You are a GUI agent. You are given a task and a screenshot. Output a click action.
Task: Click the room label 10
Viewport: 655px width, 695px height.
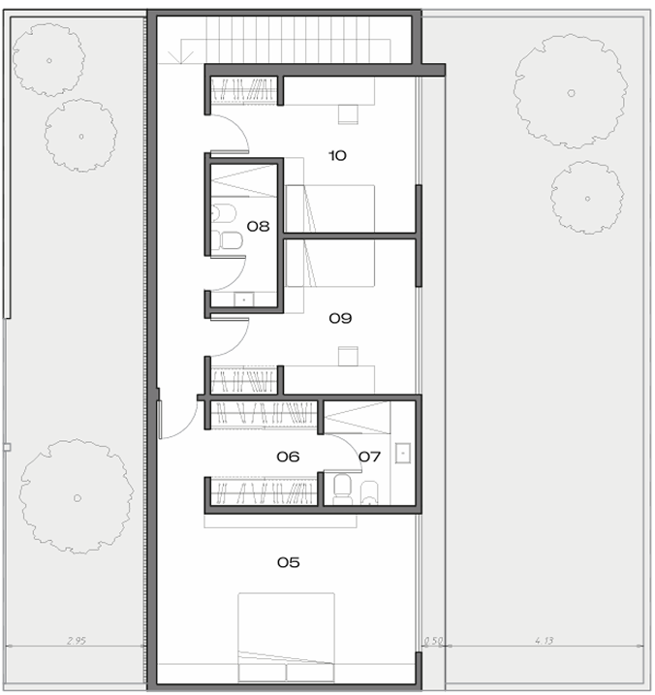click(x=337, y=156)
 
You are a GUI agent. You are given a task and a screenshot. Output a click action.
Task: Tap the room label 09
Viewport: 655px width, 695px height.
click(x=340, y=318)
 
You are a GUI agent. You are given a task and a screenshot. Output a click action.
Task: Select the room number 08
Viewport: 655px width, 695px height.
click(x=258, y=227)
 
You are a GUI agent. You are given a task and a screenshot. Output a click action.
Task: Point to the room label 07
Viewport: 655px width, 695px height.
click(x=369, y=457)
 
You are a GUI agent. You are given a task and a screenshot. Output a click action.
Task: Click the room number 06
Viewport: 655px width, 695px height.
click(x=288, y=457)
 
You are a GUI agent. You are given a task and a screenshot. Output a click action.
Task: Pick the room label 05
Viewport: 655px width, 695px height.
click(x=289, y=562)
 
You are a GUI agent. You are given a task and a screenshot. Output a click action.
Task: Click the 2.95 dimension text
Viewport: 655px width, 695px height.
click(x=77, y=641)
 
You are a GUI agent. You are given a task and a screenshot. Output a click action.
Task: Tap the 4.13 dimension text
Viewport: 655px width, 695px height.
click(x=544, y=641)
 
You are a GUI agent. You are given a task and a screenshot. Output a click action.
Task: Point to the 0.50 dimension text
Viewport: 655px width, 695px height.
click(x=433, y=641)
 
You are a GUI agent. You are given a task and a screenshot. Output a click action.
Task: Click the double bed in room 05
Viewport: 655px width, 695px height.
click(x=286, y=637)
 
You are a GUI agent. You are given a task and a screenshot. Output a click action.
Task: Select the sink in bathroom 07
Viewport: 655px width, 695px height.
click(x=403, y=453)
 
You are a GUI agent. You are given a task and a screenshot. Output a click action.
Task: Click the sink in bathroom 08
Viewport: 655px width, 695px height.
click(x=244, y=300)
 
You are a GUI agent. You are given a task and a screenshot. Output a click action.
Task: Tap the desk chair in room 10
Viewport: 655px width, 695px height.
click(x=348, y=114)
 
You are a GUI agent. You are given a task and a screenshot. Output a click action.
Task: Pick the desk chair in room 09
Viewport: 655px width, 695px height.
click(x=348, y=356)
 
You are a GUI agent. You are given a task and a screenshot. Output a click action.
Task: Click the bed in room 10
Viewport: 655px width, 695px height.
click(x=330, y=208)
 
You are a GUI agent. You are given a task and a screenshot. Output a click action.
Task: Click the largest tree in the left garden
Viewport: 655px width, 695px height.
click(x=77, y=496)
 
